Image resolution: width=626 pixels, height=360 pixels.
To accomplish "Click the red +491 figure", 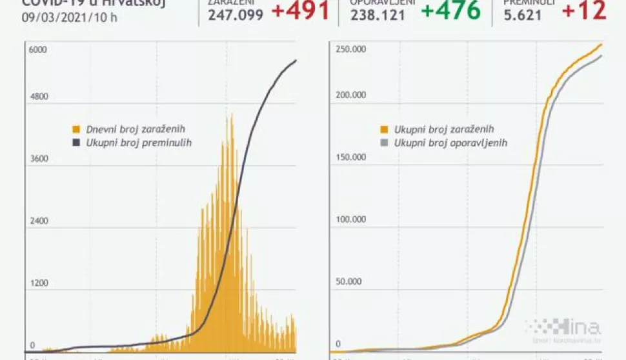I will click(x=300, y=10).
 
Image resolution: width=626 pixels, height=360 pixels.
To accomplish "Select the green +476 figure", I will click(x=450, y=10).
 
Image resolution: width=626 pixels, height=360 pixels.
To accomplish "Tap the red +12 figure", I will click(x=583, y=10).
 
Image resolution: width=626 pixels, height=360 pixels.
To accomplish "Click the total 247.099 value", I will click(x=236, y=14).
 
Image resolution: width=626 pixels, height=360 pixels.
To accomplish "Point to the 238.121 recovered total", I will click(x=378, y=14).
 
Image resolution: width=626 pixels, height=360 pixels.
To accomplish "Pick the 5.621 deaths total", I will click(x=523, y=14).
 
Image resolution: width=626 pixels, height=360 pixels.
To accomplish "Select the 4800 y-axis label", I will click(x=39, y=97).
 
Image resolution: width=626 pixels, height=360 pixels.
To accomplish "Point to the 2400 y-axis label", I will click(x=39, y=221).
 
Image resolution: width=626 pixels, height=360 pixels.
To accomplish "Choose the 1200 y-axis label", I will click(x=39, y=283).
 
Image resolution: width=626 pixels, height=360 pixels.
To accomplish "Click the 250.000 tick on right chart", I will click(x=350, y=50).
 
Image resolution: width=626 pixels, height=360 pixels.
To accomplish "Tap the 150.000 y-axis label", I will click(x=350, y=157).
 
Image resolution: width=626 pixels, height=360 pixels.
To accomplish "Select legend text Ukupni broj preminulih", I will click(x=139, y=142).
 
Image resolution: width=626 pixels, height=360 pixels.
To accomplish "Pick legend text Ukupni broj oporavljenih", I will click(x=450, y=143).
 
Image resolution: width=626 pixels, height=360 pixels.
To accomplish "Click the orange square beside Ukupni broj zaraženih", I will click(x=385, y=129).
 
